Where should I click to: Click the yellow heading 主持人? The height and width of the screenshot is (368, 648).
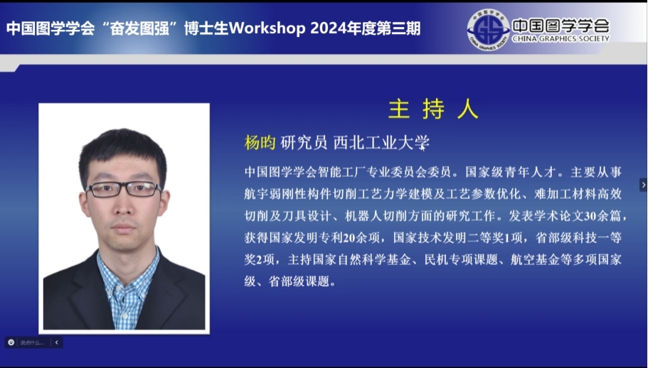click(x=433, y=109)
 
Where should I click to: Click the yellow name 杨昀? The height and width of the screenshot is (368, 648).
click(x=260, y=143)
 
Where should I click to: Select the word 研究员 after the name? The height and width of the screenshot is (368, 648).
click(x=304, y=143)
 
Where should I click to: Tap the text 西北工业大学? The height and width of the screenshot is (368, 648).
click(x=381, y=143)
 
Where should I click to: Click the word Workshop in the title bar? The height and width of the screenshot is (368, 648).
click(x=267, y=28)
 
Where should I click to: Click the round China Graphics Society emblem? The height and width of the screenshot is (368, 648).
click(x=488, y=30)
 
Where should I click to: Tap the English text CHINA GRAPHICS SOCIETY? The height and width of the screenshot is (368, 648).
click(x=561, y=39)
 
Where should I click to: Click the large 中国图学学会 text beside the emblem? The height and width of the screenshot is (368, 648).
click(x=561, y=26)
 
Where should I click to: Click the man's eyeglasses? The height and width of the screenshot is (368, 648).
click(x=123, y=189)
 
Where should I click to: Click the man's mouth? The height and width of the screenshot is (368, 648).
click(x=123, y=227)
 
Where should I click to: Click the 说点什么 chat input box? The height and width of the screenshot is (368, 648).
click(x=32, y=342)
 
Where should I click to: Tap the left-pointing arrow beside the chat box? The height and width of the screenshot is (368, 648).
click(x=57, y=342)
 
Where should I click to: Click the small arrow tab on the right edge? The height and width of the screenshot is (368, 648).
click(x=644, y=185)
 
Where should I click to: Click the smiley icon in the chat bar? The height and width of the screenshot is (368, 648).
click(x=11, y=342)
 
